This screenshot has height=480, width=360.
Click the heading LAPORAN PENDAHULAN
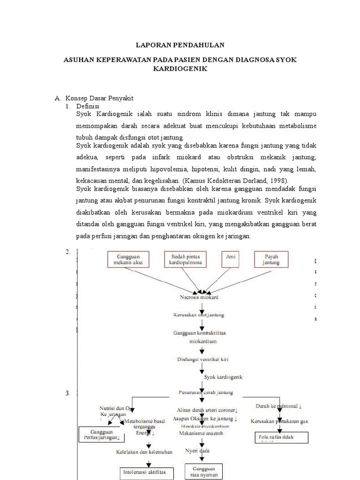(180, 45)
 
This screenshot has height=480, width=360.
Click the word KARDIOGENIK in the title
(180, 68)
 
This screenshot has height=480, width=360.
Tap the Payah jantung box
(272, 260)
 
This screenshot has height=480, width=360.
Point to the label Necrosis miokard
(199, 298)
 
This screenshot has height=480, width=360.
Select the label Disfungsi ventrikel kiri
(199, 360)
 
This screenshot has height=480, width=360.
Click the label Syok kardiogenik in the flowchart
(223, 376)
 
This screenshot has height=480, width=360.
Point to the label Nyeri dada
(197, 450)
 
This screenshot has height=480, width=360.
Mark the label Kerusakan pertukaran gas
(279, 421)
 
